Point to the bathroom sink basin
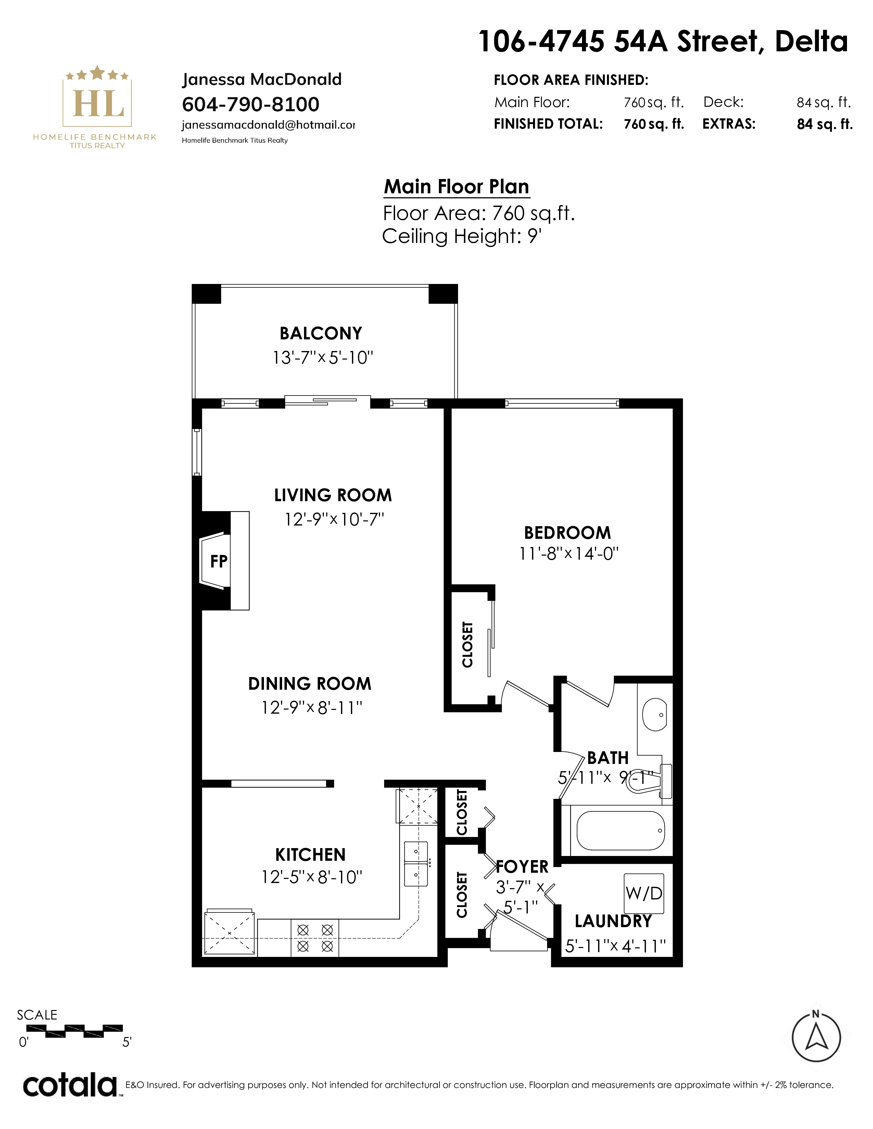click(655, 715)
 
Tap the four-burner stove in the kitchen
click(315, 938)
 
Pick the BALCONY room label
click(321, 334)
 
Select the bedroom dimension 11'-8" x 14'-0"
click(569, 554)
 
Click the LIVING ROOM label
click(333, 495)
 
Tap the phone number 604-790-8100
click(251, 104)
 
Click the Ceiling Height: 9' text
click(462, 236)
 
